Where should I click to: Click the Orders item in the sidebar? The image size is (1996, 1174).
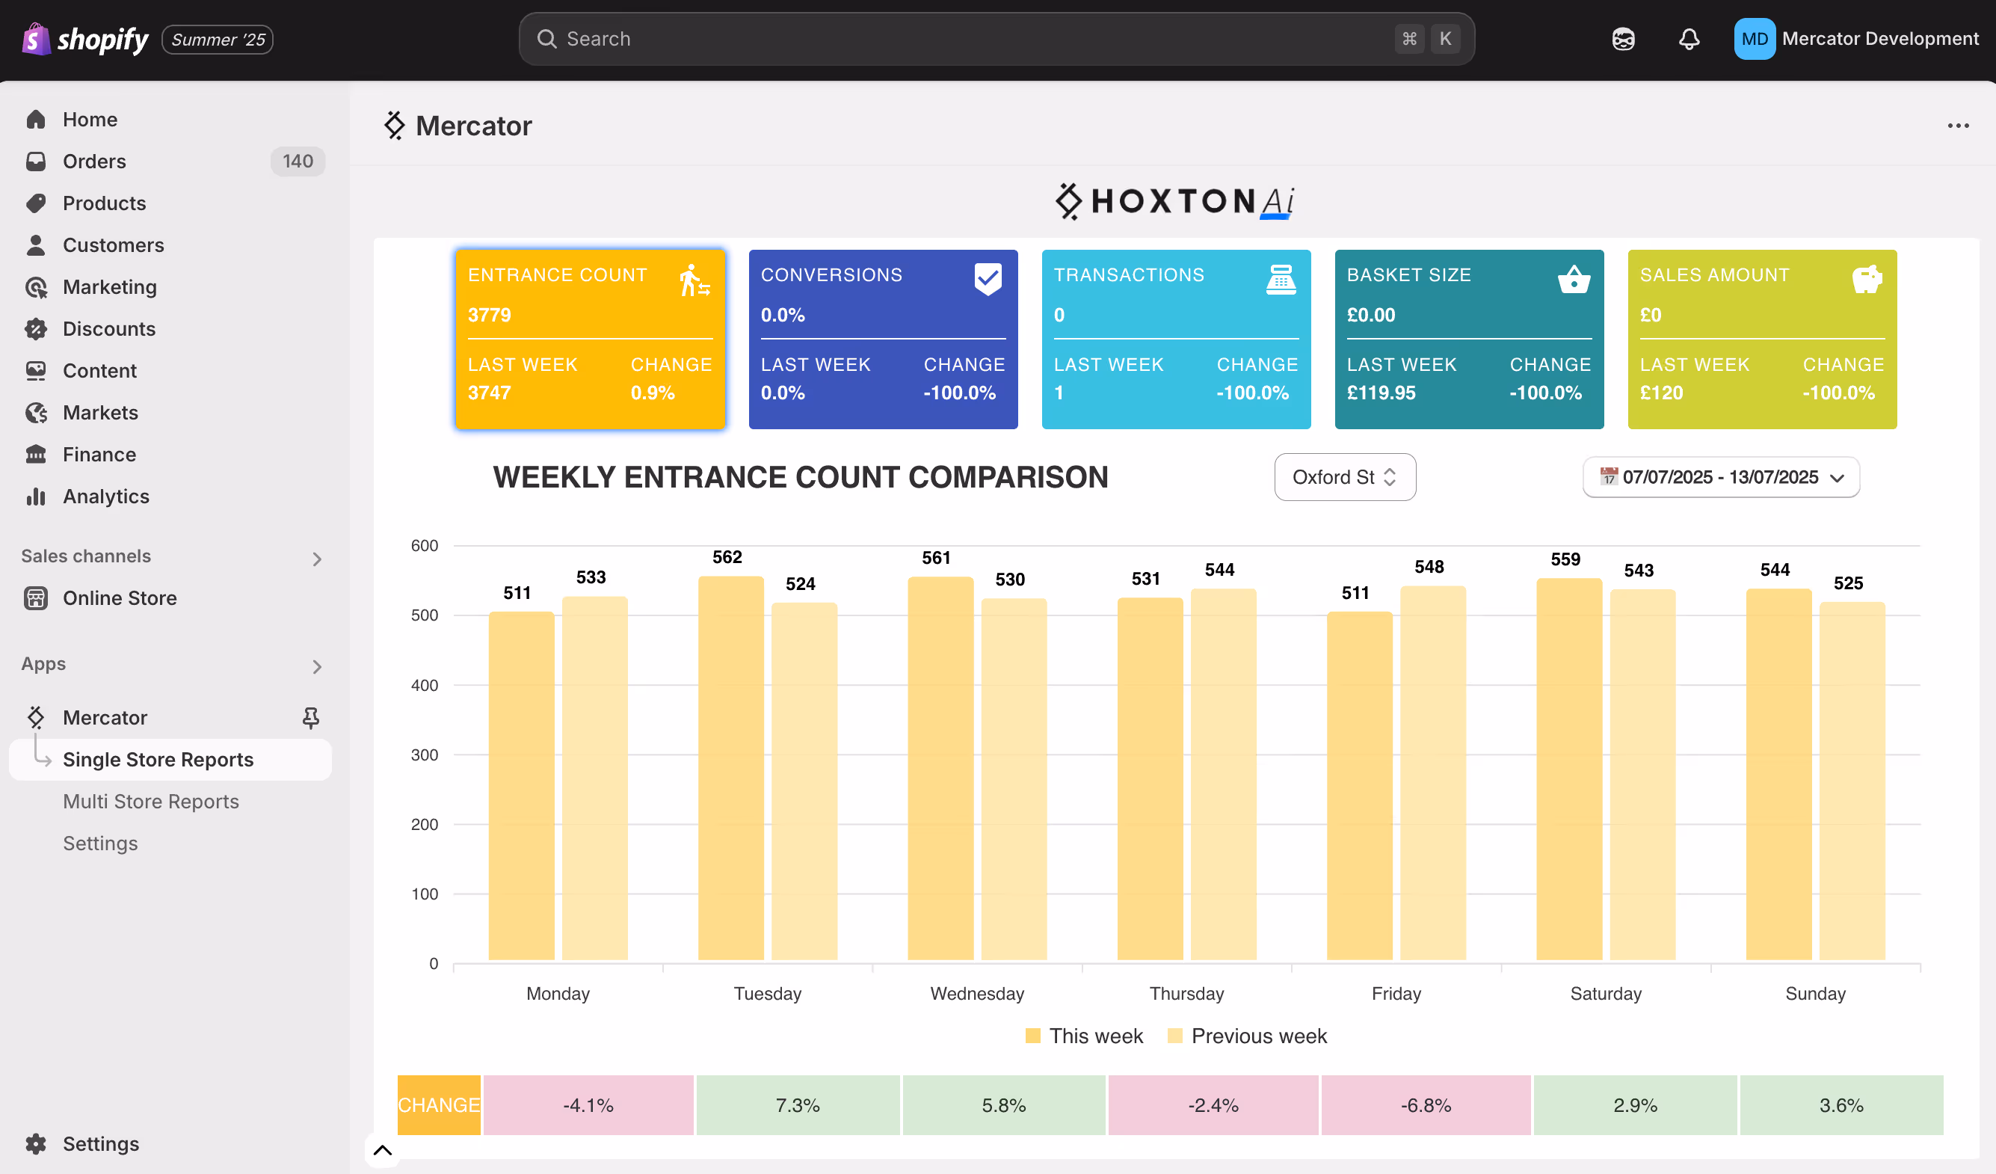(x=94, y=162)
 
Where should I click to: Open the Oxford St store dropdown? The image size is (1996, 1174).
(x=1344, y=477)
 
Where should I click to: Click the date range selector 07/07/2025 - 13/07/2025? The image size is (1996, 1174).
(x=1720, y=477)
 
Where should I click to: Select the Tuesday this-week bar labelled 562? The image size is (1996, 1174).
(x=730, y=769)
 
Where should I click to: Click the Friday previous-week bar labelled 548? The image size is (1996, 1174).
(x=1432, y=772)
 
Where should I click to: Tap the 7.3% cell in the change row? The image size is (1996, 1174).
(x=798, y=1105)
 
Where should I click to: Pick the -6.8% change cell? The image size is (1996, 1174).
(x=1425, y=1105)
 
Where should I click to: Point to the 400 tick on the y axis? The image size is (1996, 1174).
(x=424, y=685)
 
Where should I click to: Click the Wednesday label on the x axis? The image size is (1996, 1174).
(x=976, y=993)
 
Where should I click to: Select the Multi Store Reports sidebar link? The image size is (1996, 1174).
(x=150, y=802)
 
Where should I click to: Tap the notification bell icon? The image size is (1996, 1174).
(x=1689, y=39)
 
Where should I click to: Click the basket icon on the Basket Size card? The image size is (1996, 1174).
(x=1573, y=280)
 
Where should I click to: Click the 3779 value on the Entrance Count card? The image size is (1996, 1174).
(x=490, y=316)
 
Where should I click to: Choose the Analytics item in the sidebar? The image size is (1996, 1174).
(x=105, y=497)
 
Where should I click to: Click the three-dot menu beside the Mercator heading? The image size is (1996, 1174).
(x=1957, y=126)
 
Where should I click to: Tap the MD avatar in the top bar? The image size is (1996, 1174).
(x=1754, y=39)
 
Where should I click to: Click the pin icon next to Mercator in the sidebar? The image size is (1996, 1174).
(x=310, y=718)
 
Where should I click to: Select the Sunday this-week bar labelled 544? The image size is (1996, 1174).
(x=1778, y=774)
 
